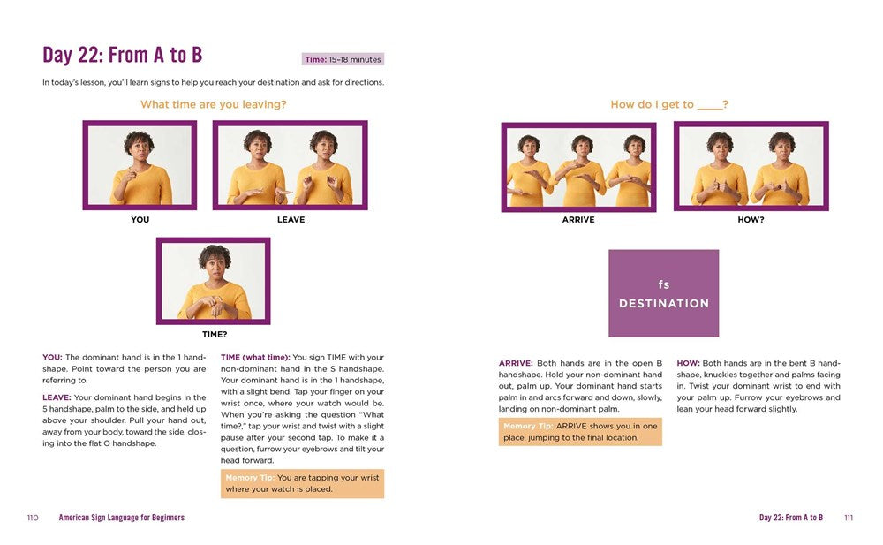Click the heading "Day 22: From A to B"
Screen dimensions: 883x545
click(122, 56)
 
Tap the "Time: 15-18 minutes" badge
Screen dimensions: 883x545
click(343, 59)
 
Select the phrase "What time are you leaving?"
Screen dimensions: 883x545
click(214, 104)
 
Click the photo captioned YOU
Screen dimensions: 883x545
click(140, 165)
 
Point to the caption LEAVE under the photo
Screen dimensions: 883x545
click(291, 220)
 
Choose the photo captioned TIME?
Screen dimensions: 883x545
click(214, 281)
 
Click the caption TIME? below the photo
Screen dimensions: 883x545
click(215, 334)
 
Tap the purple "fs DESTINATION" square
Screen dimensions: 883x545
click(663, 293)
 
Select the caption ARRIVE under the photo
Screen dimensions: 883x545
click(578, 220)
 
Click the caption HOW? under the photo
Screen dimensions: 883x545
click(751, 220)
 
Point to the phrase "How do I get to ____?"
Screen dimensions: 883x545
click(669, 104)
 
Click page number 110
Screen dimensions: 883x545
click(33, 518)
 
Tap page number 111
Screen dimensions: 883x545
click(849, 518)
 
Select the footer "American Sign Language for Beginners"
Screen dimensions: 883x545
click(122, 518)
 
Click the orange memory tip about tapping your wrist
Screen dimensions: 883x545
click(302, 483)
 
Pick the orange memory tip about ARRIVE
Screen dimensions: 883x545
click(580, 432)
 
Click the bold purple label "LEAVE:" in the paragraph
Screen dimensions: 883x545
click(57, 397)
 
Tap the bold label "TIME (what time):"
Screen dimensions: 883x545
click(256, 358)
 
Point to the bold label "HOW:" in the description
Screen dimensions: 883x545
click(688, 363)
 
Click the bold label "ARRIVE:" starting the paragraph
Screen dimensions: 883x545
click(516, 363)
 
